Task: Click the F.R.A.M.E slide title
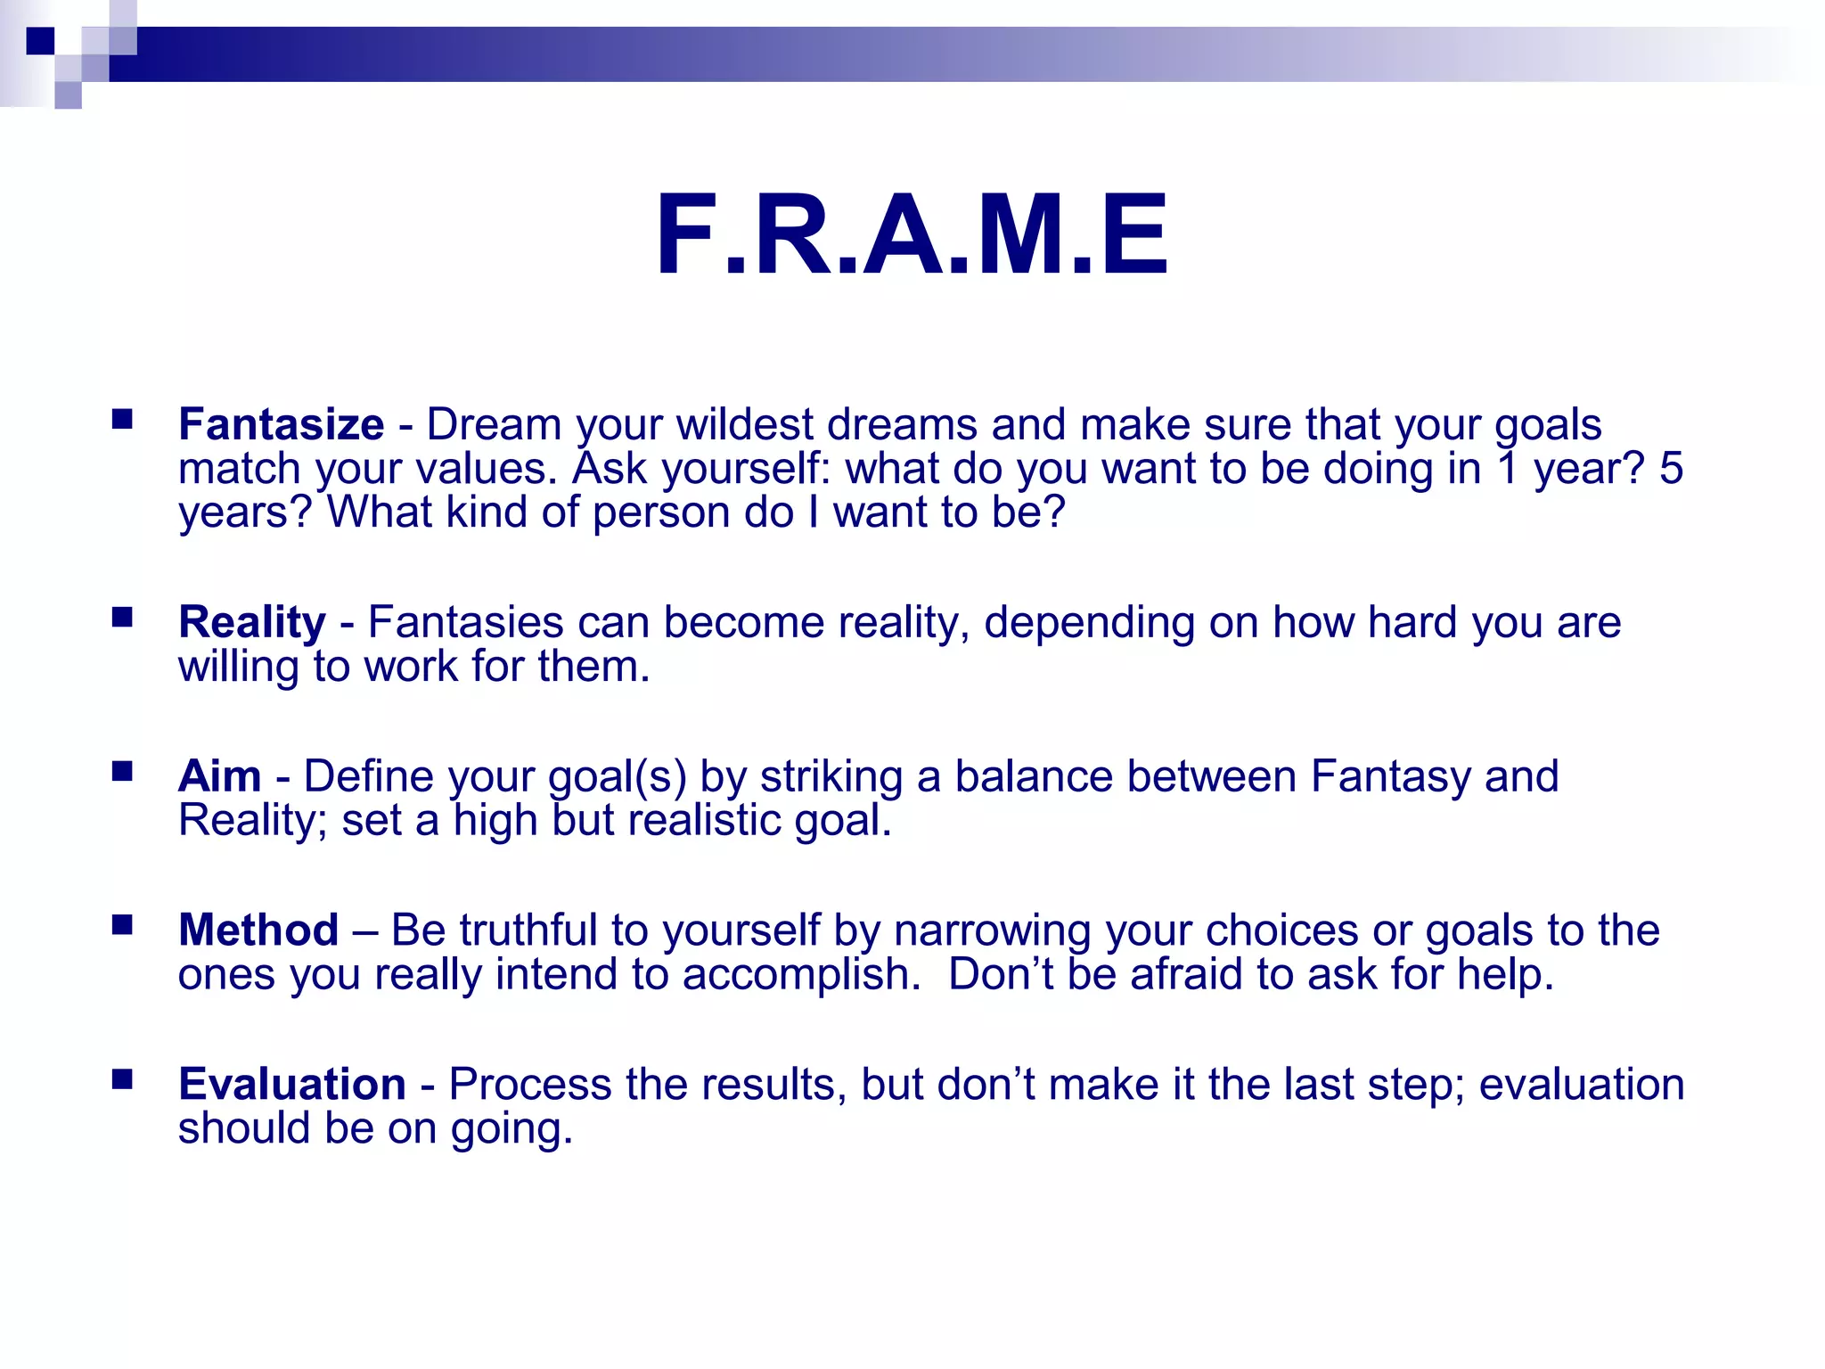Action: click(x=911, y=236)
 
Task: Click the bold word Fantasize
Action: click(x=281, y=424)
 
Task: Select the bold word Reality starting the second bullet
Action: click(x=252, y=622)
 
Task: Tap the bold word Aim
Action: click(x=219, y=776)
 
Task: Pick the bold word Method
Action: click(x=258, y=930)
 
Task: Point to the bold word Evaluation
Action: click(x=292, y=1085)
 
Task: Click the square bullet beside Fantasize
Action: click(x=122, y=419)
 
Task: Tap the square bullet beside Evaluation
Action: click(x=122, y=1079)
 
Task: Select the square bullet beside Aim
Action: click(x=122, y=771)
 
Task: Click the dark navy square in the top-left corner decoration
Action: click(x=41, y=41)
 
